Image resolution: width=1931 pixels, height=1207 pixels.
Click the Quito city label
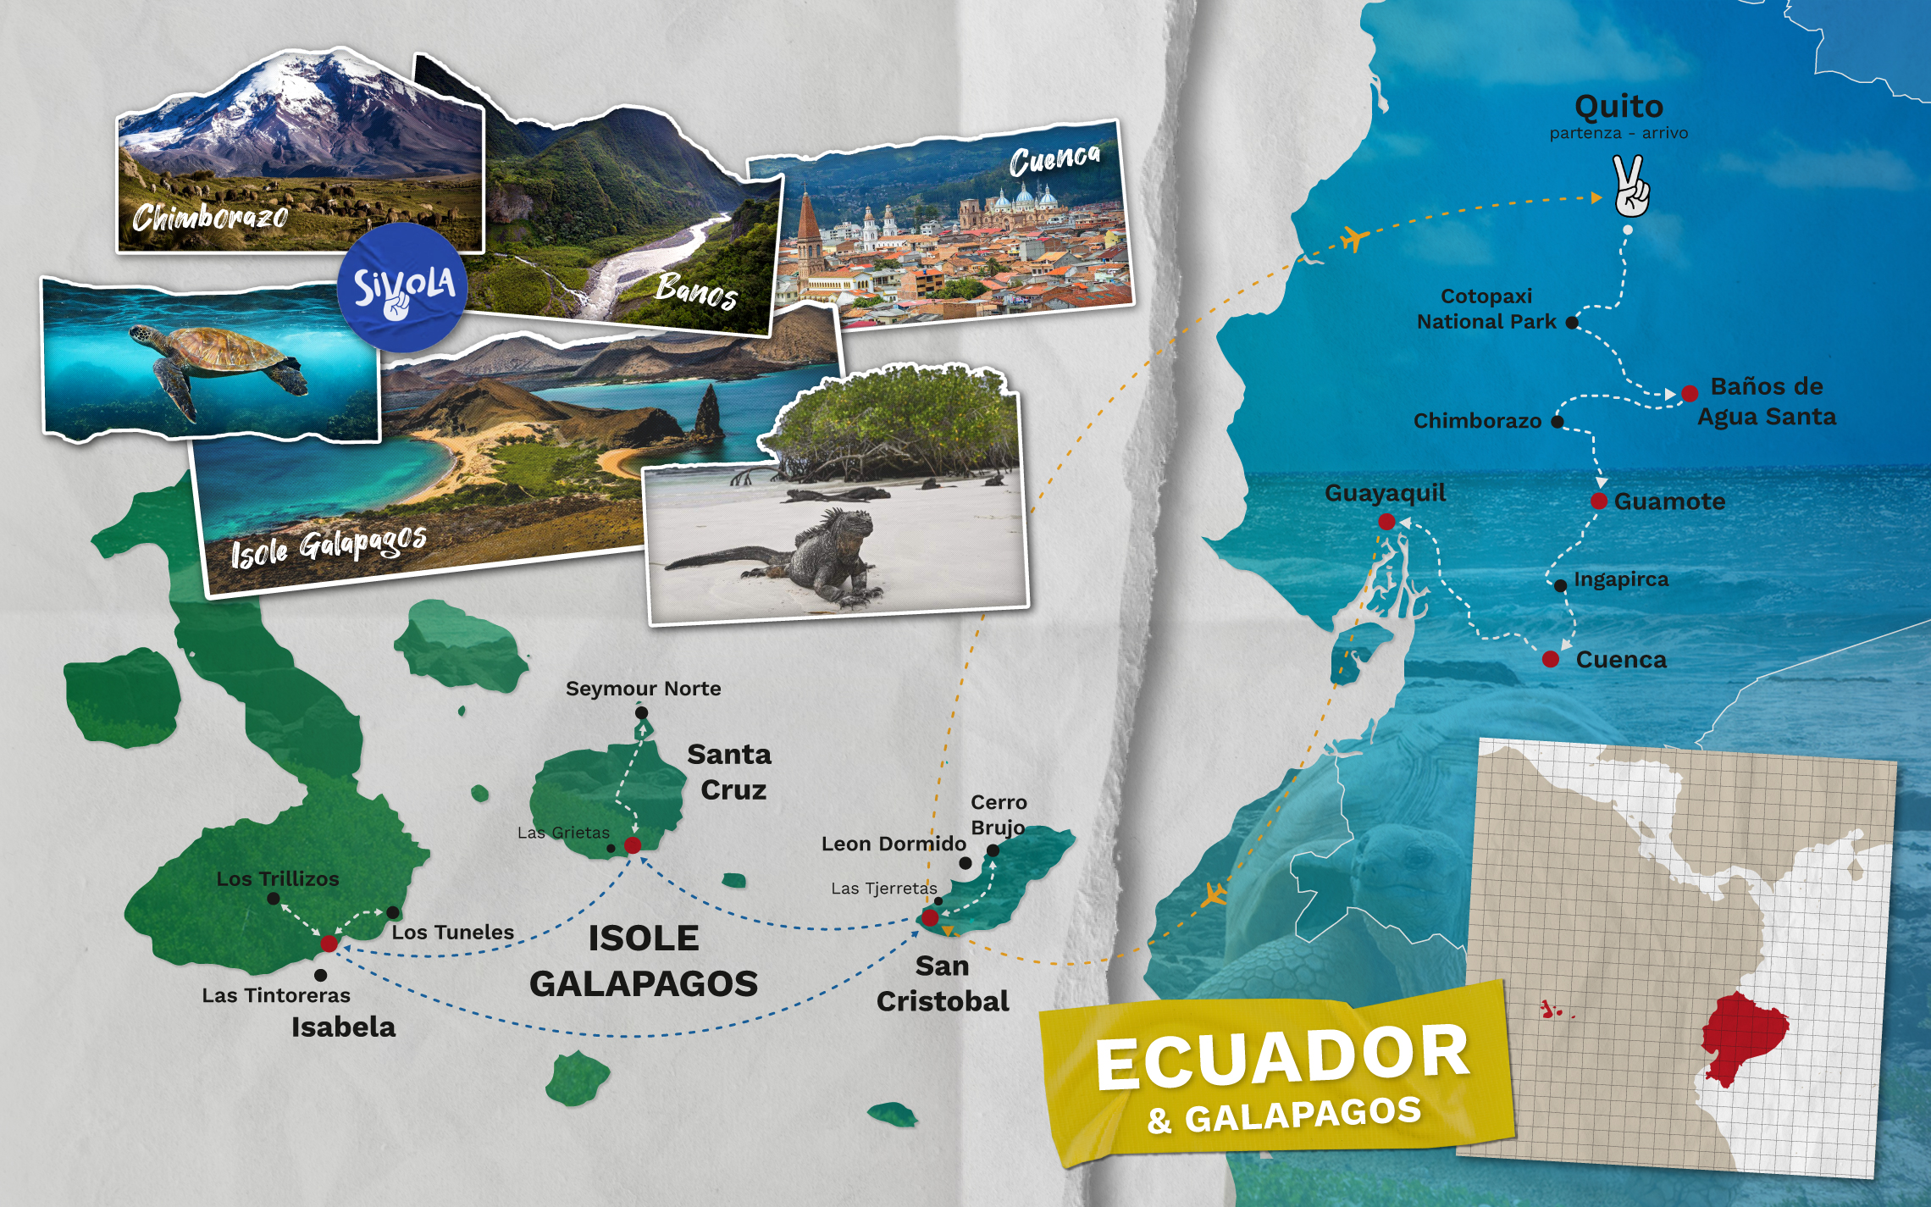click(1618, 107)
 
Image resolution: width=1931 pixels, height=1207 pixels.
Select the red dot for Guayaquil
click(1386, 522)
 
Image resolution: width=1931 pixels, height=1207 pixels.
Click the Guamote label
click(1669, 501)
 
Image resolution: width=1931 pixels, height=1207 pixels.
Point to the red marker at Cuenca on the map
click(1550, 659)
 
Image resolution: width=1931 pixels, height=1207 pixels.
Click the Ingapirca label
click(1621, 579)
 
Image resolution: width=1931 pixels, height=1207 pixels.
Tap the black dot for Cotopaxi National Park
click(1572, 323)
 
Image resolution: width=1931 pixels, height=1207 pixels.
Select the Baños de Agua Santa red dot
click(1690, 393)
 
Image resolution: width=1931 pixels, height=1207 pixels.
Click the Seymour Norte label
click(643, 689)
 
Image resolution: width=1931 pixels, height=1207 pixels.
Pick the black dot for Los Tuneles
click(393, 912)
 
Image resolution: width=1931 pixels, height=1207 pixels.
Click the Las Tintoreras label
click(276, 995)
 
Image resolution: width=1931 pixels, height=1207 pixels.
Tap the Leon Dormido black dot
click(965, 863)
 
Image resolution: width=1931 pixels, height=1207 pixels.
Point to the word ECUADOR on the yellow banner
click(1282, 1055)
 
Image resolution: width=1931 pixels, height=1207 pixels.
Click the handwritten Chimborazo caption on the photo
click(210, 218)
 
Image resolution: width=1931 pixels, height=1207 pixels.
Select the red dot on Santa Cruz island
click(632, 845)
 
